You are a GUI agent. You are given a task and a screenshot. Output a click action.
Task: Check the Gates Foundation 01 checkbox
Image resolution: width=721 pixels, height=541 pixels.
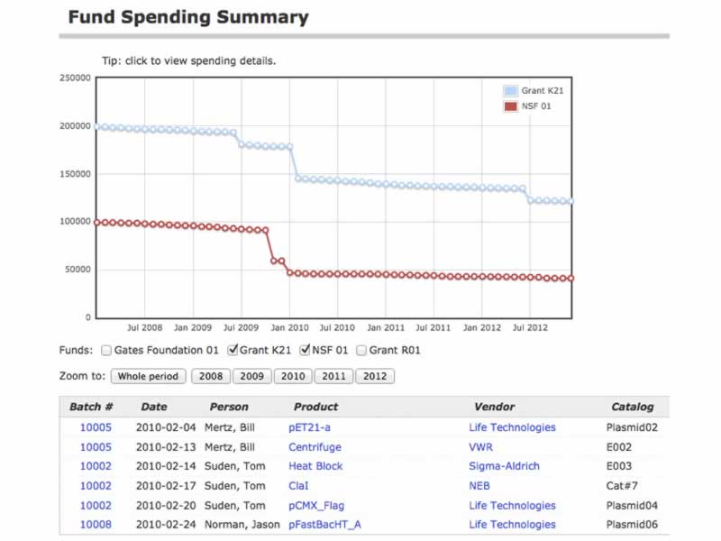[x=106, y=350]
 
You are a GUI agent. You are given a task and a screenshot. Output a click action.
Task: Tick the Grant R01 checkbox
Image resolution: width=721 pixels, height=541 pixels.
[x=361, y=350]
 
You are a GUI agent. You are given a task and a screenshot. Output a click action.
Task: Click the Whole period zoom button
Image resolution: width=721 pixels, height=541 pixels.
[x=149, y=376]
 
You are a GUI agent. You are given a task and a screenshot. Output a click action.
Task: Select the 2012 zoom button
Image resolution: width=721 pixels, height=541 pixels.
[x=374, y=376]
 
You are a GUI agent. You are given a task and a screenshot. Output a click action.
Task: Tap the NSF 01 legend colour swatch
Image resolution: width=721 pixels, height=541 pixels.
[x=511, y=106]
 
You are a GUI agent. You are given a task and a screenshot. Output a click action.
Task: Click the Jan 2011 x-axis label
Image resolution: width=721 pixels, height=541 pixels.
[x=386, y=328]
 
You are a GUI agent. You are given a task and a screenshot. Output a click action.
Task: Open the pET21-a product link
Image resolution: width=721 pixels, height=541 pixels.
[x=309, y=427]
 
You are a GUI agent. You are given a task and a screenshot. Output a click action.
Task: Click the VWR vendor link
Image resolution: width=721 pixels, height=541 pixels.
[x=480, y=446]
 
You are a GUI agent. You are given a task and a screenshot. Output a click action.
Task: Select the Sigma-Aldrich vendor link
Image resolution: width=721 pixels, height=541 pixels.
[x=504, y=466]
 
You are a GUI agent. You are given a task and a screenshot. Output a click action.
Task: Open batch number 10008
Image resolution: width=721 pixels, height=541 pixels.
[x=96, y=525]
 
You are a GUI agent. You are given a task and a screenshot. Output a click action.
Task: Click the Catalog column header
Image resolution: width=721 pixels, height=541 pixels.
[x=632, y=407]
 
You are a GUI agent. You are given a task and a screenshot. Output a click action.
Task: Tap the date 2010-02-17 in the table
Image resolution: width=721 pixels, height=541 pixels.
[x=166, y=485]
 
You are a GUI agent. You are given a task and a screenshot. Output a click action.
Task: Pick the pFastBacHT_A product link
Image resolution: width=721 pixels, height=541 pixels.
[x=324, y=525]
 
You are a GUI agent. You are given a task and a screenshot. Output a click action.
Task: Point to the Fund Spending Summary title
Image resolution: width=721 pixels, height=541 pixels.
[x=188, y=17]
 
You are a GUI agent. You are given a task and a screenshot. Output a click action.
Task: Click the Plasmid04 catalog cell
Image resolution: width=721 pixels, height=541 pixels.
[x=632, y=505]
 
